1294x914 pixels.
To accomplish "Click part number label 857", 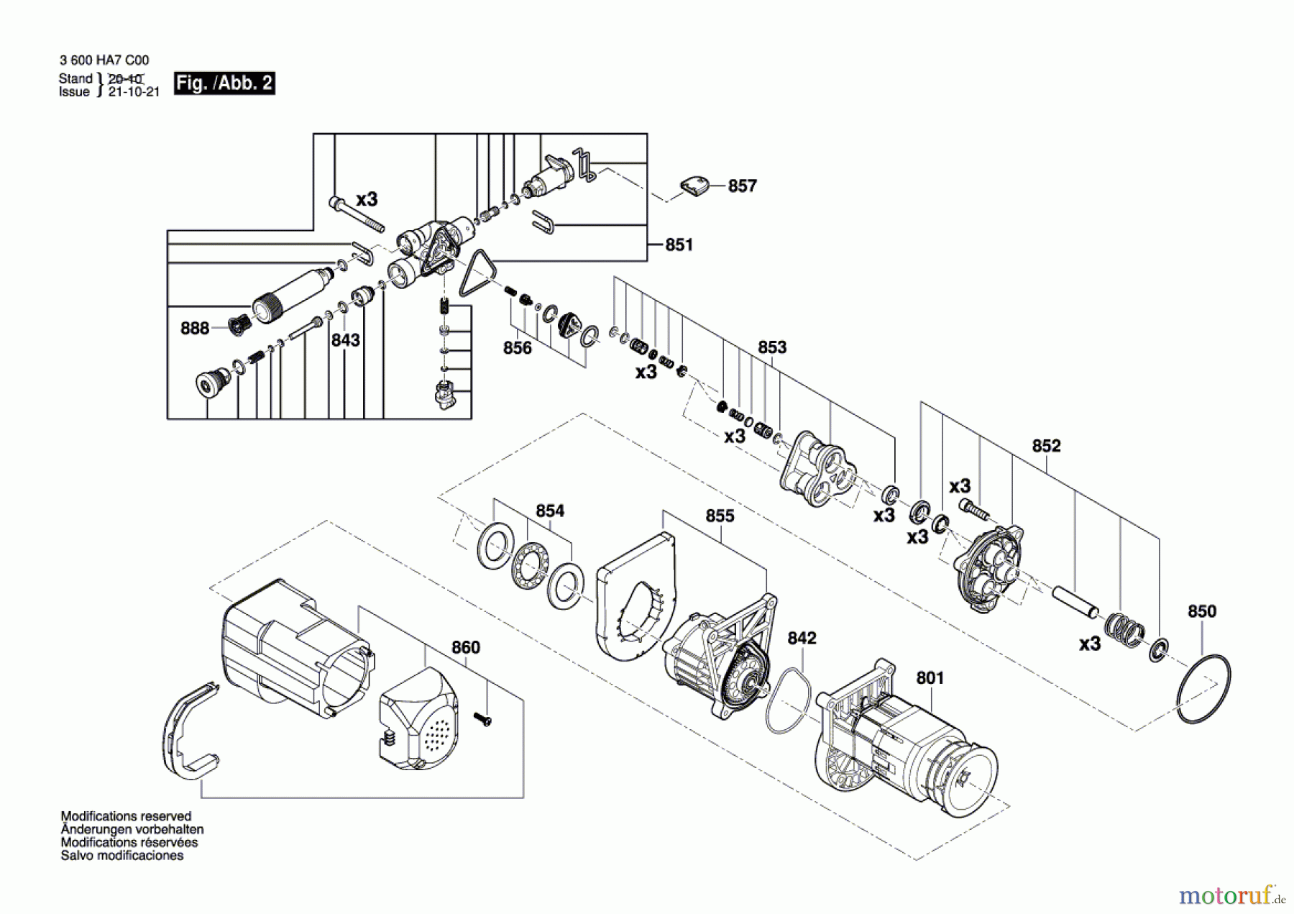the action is (x=742, y=186).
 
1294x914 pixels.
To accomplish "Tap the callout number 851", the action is (x=679, y=245).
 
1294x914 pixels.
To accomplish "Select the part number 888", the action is (x=195, y=329).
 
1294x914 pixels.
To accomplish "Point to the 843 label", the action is (x=345, y=340).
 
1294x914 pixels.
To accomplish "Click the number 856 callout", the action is (x=518, y=348).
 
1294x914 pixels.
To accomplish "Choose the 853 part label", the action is (x=772, y=347).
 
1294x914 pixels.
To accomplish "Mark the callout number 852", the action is (x=1046, y=446).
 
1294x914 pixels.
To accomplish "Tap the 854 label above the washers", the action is (x=550, y=511).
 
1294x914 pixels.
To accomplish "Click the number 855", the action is (x=720, y=516).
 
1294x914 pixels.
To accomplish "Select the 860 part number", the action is (x=465, y=648).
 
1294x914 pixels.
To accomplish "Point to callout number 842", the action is (x=802, y=639).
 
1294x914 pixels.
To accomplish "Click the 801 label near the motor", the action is (x=930, y=678).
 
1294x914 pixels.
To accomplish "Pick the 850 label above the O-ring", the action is (x=1201, y=612).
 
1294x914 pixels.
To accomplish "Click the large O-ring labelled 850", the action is (x=1203, y=689).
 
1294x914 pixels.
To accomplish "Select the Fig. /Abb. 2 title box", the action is (x=224, y=83).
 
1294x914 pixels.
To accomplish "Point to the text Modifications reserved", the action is (x=126, y=817).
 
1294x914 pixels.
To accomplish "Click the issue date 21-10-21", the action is (x=134, y=92).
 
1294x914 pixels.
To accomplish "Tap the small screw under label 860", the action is (x=482, y=718).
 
